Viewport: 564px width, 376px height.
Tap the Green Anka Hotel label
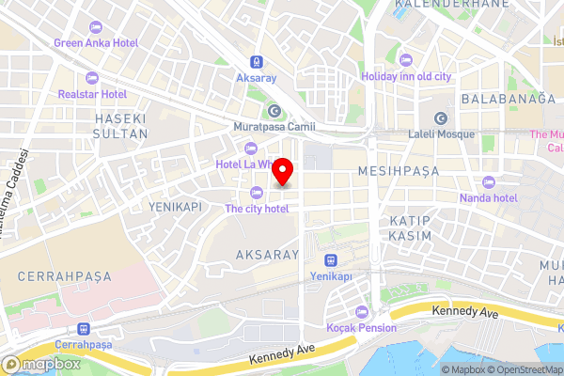tap(96, 43)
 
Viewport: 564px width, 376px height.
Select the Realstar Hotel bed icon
tap(91, 77)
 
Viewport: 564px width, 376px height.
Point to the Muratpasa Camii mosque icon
tap(274, 110)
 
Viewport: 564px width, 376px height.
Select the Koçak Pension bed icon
tap(362, 311)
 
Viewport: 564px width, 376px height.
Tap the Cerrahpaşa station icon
tap(85, 329)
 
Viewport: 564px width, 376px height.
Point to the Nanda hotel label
tap(489, 197)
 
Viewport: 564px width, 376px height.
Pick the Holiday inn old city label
tap(406, 76)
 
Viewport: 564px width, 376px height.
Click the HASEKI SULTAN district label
tap(121, 126)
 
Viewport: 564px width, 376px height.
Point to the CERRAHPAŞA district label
tap(64, 276)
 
